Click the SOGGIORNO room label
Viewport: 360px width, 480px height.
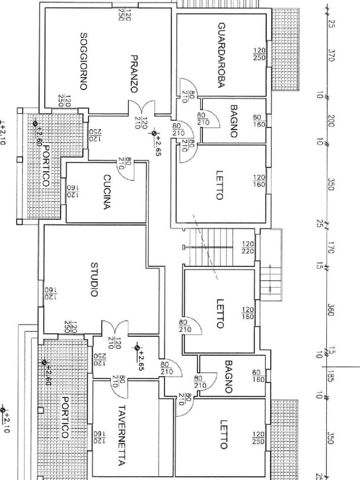[x=83, y=61]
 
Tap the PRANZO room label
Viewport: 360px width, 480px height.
[x=134, y=74]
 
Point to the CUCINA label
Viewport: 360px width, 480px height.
[x=107, y=192]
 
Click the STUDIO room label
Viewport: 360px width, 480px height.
[x=95, y=279]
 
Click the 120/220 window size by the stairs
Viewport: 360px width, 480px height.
[x=248, y=247]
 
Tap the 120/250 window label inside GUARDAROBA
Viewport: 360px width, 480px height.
[x=259, y=54]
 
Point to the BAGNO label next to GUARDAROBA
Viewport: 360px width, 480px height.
[x=234, y=121]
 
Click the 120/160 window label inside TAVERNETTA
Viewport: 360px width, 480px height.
[x=99, y=437]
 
